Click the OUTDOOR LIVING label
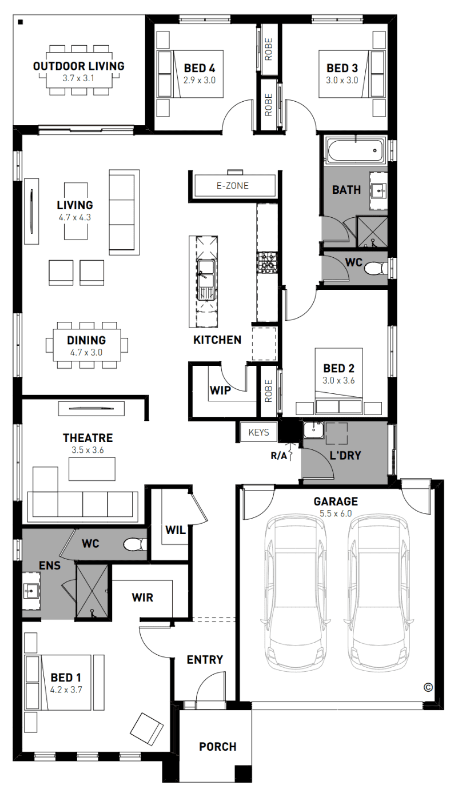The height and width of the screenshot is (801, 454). (x=79, y=66)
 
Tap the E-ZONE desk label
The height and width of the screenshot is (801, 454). (x=233, y=186)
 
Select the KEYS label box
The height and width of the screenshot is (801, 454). (x=258, y=432)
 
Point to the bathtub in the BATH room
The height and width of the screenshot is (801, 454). (x=355, y=151)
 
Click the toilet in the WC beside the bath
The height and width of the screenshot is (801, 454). (x=376, y=268)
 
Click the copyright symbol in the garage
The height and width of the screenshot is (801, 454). (x=428, y=687)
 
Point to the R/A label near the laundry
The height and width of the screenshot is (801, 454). (x=278, y=456)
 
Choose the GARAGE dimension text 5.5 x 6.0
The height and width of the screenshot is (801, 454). (x=336, y=513)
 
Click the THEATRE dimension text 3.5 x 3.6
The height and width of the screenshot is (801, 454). (x=87, y=450)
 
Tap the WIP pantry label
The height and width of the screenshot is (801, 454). (x=220, y=390)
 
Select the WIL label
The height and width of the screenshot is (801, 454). (x=176, y=530)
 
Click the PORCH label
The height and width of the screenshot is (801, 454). (x=217, y=747)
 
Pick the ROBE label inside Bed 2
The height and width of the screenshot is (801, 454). (x=269, y=391)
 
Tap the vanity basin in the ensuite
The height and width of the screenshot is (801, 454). (x=30, y=591)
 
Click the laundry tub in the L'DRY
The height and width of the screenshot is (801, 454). (x=313, y=429)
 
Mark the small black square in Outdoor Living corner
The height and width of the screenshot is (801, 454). (x=21, y=22)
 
